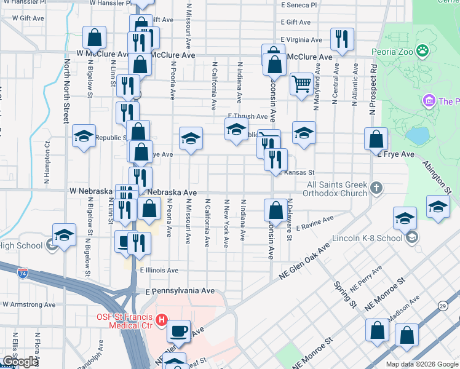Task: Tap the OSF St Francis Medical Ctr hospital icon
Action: pyautogui.click(x=162, y=319)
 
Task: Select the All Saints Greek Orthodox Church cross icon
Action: pyautogui.click(x=377, y=186)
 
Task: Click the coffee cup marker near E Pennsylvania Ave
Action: pyautogui.click(x=179, y=330)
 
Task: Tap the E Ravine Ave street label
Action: pyautogui.click(x=314, y=223)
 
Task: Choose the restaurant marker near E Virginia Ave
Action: pyautogui.click(x=341, y=38)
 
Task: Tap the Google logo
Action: pyautogui.click(x=20, y=362)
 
